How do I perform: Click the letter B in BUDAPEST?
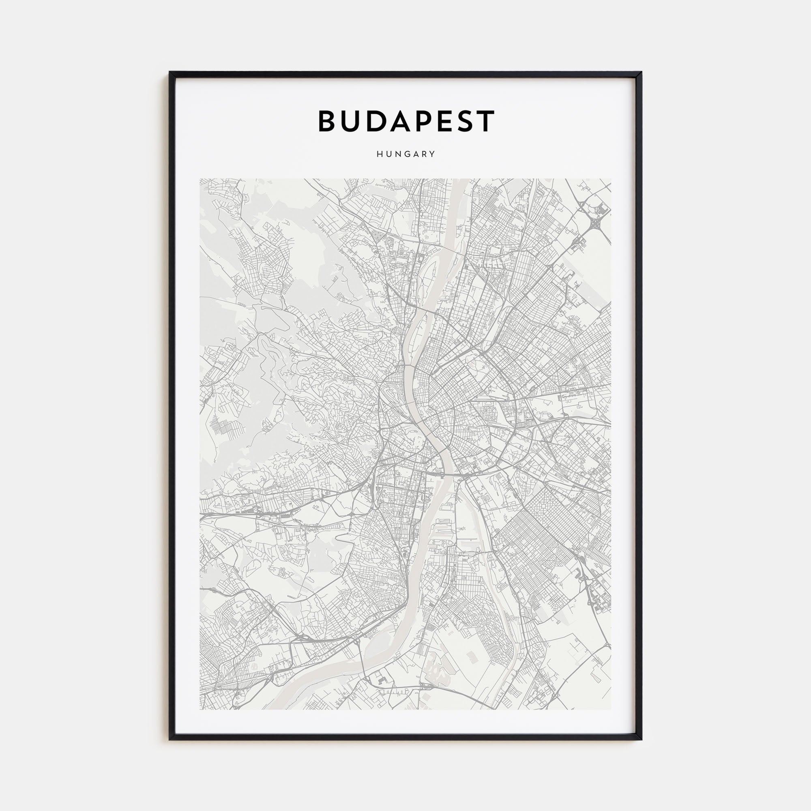328,121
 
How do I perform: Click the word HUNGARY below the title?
405,154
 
